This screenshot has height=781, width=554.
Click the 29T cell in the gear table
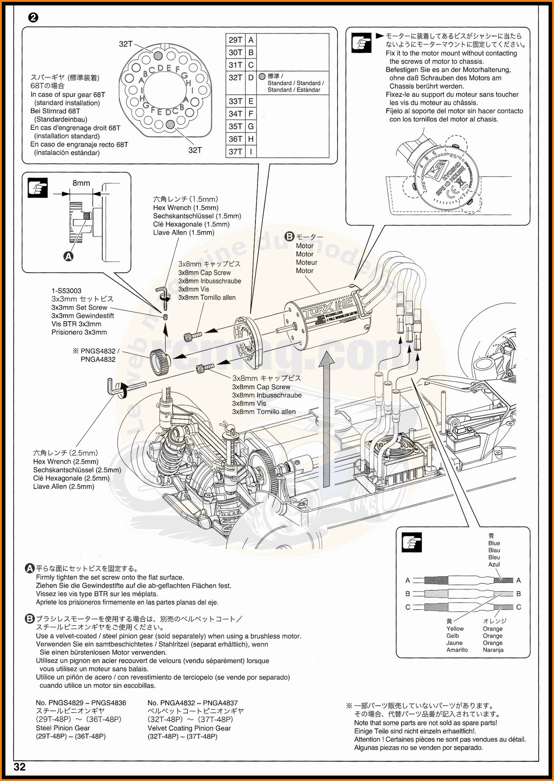[235, 40]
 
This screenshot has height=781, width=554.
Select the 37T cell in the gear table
[235, 152]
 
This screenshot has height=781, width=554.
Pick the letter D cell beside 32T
[251, 77]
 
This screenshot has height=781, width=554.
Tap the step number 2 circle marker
[33, 18]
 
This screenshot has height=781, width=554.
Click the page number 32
[20, 767]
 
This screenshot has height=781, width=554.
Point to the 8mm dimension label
[81, 183]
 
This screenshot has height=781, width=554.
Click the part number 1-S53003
[67, 291]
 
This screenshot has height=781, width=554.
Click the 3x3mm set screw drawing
[166, 317]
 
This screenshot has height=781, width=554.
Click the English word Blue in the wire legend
[494, 543]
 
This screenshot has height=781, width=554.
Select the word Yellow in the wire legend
[455, 629]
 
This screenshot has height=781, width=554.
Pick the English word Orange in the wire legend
[492, 629]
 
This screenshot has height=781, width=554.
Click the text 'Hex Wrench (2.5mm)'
[66, 462]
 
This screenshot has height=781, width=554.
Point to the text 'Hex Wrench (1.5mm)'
[179, 208]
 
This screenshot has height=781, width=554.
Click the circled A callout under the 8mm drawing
[68, 256]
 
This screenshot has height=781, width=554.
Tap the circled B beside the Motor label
[289, 236]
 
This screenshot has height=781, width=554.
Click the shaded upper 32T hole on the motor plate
[158, 55]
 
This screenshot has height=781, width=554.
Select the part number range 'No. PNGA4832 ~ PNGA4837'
[192, 703]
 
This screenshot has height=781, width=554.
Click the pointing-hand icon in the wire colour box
[411, 542]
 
